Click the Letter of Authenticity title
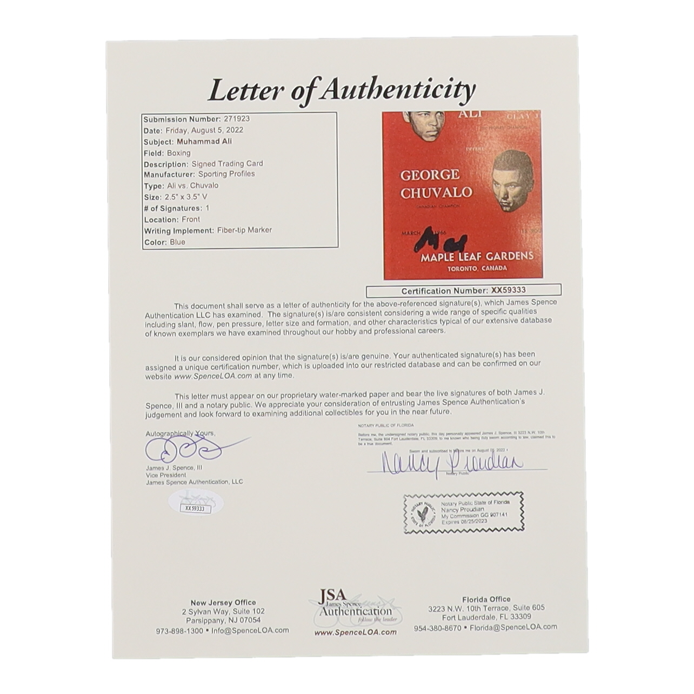[x=342, y=90]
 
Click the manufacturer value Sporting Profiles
[x=226, y=174]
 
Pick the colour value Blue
[x=177, y=242]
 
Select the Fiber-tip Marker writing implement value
[x=244, y=230]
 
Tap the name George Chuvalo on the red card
[x=436, y=183]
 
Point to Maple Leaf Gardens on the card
[x=477, y=256]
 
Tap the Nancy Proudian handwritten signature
[x=452, y=463]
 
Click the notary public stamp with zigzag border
[x=463, y=514]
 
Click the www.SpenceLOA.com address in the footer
[x=355, y=632]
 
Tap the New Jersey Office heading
[x=223, y=602]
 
